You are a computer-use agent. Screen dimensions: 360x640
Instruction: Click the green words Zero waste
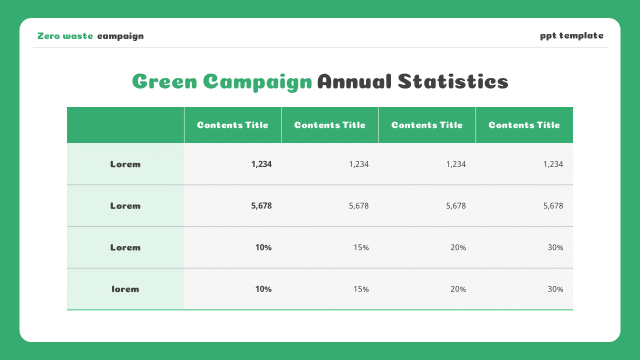pyautogui.click(x=65, y=36)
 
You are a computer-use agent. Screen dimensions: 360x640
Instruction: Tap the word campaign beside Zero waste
pyautogui.click(x=120, y=36)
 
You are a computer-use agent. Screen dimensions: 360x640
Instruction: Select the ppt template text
pyautogui.click(x=571, y=35)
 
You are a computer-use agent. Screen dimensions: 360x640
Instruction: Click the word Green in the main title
pyautogui.click(x=164, y=81)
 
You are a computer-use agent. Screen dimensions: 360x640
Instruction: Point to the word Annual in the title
pyautogui.click(x=354, y=81)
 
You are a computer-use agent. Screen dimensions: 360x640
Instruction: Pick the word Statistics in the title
pyautogui.click(x=453, y=81)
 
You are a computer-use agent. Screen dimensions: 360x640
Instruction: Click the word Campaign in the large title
pyautogui.click(x=257, y=81)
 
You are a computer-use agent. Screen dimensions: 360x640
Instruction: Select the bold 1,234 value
pyautogui.click(x=261, y=164)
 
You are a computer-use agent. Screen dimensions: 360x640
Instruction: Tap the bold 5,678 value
pyautogui.click(x=261, y=205)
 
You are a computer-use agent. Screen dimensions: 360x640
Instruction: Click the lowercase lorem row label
pyautogui.click(x=125, y=289)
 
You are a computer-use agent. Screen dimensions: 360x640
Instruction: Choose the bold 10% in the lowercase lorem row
pyautogui.click(x=263, y=289)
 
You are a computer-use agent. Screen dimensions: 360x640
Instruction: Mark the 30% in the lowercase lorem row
pyautogui.click(x=555, y=289)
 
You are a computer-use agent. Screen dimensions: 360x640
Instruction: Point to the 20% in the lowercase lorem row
pyautogui.click(x=458, y=289)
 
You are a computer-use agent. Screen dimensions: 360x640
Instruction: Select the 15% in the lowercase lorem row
pyautogui.click(x=361, y=289)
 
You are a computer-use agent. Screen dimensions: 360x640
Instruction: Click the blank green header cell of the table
pyautogui.click(x=125, y=125)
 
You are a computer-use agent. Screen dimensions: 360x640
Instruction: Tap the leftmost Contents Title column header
pyautogui.click(x=232, y=125)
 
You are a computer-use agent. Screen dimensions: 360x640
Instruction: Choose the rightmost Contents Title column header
pyautogui.click(x=524, y=125)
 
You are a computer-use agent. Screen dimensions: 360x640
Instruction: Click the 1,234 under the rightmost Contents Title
pyautogui.click(x=553, y=164)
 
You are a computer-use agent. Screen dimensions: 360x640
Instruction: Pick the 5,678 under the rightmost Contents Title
pyautogui.click(x=553, y=205)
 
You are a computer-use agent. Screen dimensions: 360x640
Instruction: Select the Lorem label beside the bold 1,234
pyautogui.click(x=125, y=164)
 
